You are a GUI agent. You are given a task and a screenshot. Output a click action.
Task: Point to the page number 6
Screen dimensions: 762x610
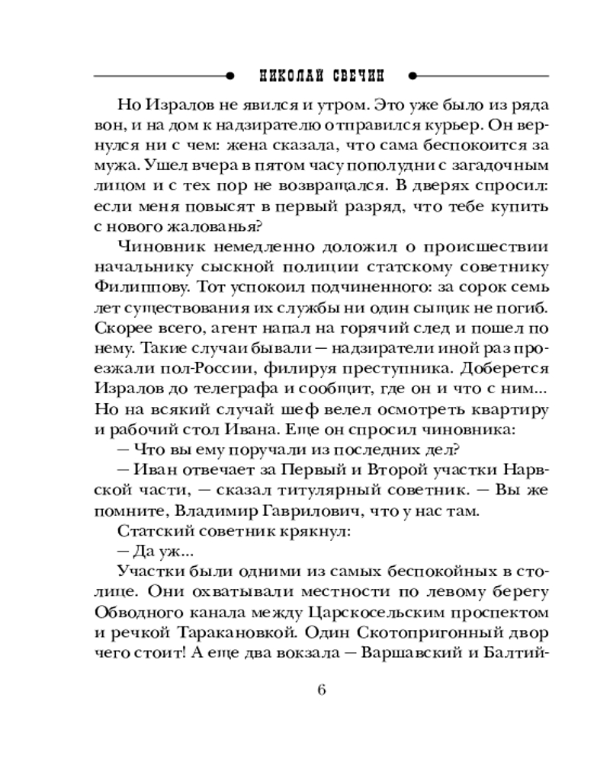[x=321, y=690]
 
